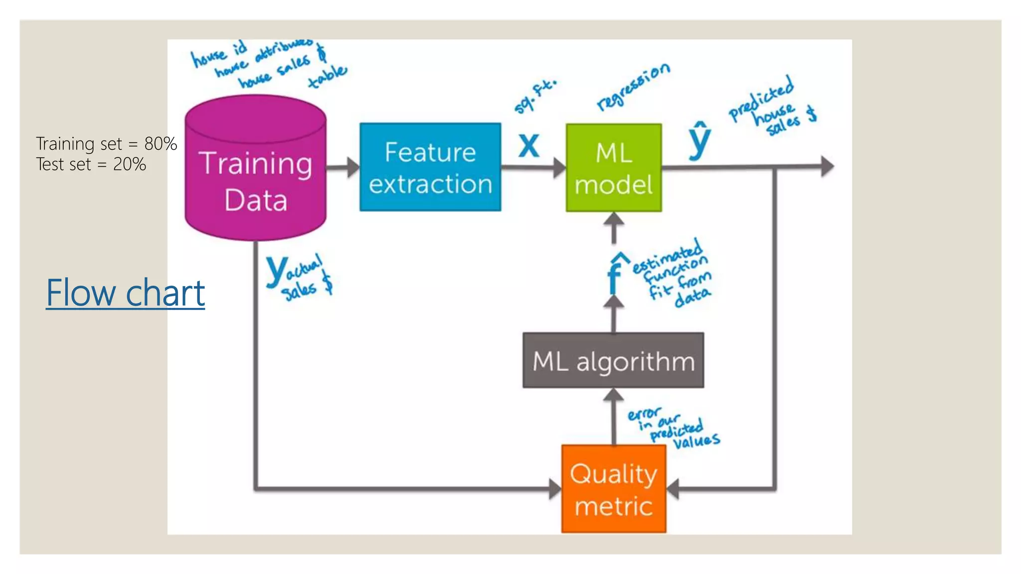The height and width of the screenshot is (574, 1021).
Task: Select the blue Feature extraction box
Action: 430,167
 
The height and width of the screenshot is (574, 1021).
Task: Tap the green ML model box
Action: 614,168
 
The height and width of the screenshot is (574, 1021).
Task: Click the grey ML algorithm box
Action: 613,361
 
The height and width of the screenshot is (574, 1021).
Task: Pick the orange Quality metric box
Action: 614,489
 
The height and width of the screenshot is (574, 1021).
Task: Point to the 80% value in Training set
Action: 161,143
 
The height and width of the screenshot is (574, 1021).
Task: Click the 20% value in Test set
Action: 130,164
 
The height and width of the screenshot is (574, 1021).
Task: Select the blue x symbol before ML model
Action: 528,145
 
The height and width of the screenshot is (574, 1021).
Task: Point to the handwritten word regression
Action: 634,87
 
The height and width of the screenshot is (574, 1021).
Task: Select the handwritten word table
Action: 327,77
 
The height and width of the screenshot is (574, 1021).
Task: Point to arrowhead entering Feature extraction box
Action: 353,167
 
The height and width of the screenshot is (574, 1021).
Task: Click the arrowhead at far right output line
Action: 828,166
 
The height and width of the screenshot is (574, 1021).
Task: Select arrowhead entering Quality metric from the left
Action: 555,489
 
